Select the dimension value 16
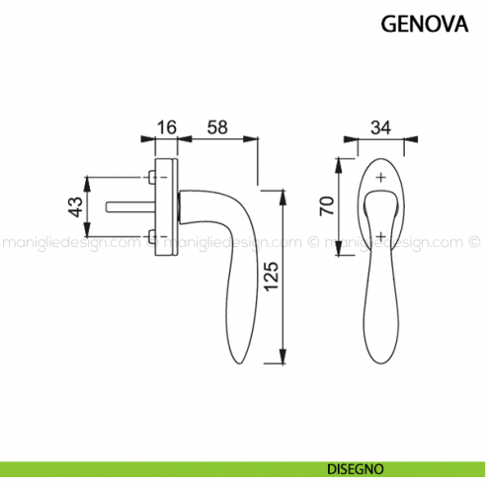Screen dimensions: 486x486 point(166,126)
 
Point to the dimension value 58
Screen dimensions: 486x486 point(218,126)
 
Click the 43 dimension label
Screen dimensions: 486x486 point(74,207)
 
